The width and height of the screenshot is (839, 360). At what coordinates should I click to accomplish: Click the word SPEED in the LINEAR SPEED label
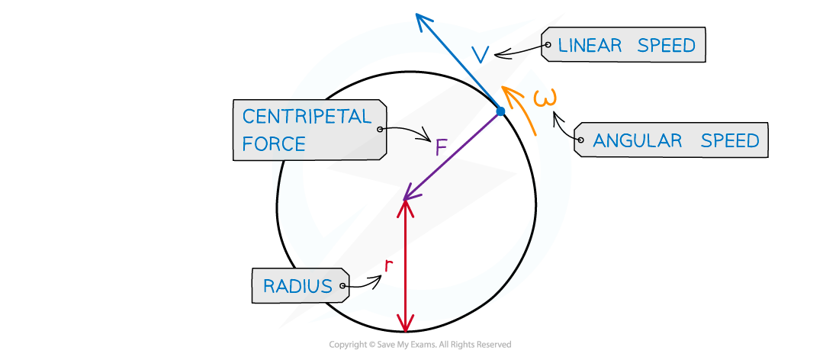667,46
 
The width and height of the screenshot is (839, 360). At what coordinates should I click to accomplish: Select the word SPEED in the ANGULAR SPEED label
730,141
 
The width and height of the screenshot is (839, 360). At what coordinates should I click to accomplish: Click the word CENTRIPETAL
307,117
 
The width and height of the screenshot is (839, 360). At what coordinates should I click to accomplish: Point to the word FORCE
274,143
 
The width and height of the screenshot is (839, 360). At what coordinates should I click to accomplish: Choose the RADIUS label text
297,287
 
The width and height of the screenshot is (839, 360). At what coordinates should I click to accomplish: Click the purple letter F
441,147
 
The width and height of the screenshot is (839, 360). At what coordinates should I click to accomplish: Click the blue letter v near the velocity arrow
480,53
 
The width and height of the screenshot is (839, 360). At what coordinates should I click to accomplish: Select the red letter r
388,265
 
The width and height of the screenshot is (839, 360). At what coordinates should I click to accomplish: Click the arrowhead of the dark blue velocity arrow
422,18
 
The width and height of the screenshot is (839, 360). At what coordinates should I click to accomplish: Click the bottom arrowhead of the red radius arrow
406,326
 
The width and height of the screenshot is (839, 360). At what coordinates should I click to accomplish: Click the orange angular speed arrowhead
508,95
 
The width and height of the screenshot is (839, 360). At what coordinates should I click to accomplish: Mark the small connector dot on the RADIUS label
344,287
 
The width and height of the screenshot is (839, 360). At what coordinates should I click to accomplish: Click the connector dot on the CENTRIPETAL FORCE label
380,130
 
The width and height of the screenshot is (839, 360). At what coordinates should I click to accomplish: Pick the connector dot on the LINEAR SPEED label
547,46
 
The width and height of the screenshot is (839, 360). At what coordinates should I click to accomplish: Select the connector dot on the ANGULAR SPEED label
580,140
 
